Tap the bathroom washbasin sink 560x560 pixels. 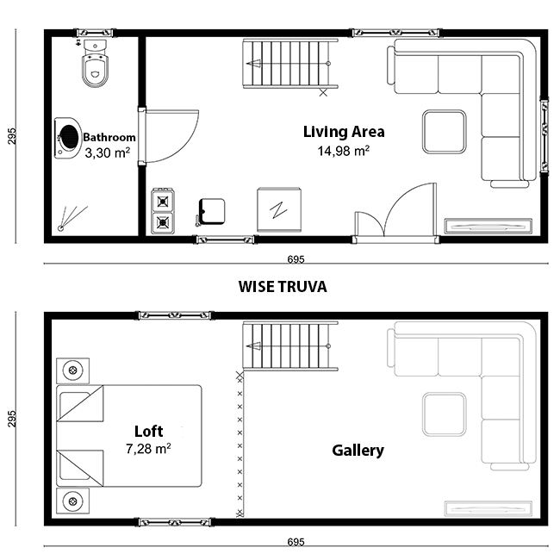tap(68, 138)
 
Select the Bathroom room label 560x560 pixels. tap(109, 138)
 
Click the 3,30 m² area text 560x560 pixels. tap(107, 152)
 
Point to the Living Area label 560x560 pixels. tap(344, 132)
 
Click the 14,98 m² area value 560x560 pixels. tap(344, 151)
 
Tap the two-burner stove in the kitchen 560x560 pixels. tap(163, 211)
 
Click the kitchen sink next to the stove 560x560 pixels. tap(211, 212)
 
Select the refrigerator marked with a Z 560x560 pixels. tap(279, 209)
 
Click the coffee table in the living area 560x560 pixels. tap(445, 132)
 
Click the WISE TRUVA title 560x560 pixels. tap(283, 287)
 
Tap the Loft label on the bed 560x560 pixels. tap(148, 431)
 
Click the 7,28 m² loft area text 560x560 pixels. tap(148, 448)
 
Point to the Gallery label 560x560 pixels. tap(358, 451)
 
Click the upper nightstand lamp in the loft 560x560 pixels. tap(73, 370)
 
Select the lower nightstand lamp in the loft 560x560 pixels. tap(73, 501)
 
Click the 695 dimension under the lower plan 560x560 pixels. tap(296, 542)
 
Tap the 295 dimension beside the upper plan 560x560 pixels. tap(12, 136)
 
